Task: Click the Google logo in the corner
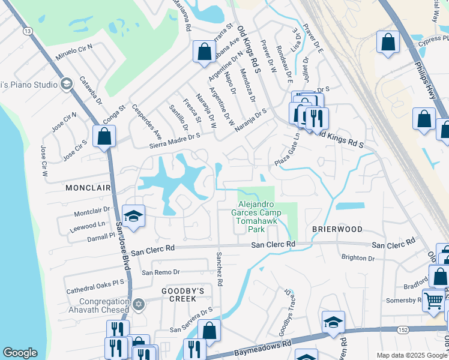click(20, 353)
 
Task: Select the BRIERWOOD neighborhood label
click(337, 229)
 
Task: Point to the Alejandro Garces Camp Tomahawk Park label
click(256, 216)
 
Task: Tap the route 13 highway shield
click(27, 31)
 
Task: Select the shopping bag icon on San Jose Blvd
click(104, 136)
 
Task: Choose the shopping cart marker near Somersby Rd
click(433, 299)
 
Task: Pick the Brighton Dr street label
click(357, 257)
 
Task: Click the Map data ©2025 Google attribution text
click(412, 355)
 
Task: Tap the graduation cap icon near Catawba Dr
click(67, 83)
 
